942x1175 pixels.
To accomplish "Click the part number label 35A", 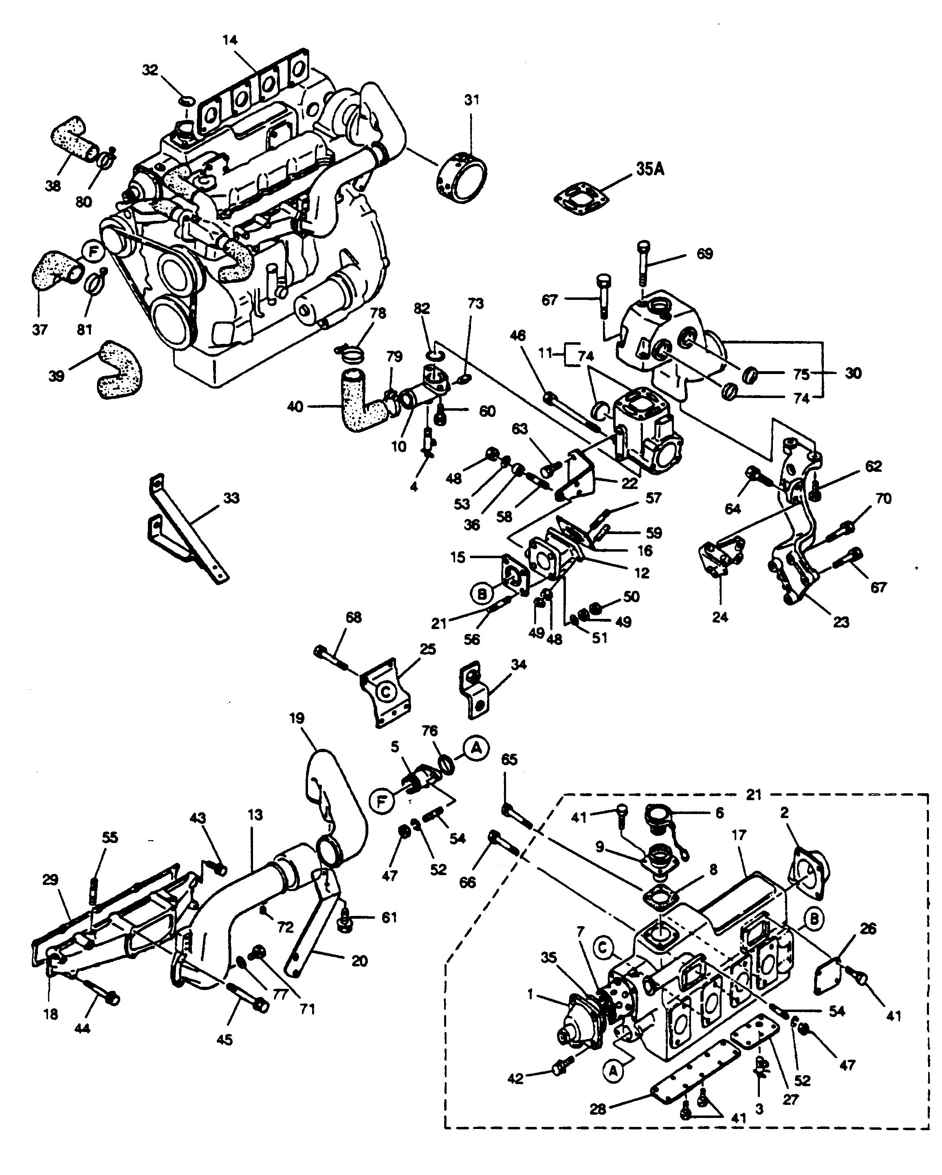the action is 650,169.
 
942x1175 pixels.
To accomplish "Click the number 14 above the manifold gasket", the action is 230,40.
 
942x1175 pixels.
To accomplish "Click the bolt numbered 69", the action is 644,263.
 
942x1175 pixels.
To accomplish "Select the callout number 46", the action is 518,335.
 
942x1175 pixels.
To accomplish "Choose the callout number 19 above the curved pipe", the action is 297,718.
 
